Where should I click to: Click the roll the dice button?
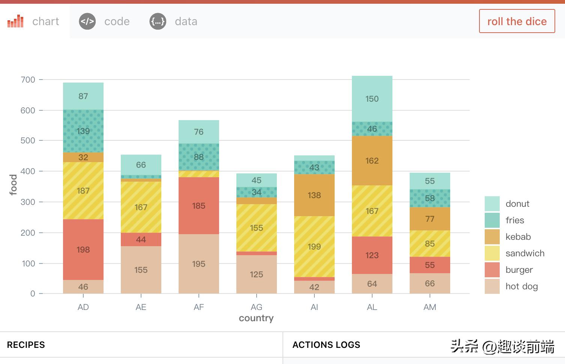tap(517, 21)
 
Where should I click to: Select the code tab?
tap(105, 21)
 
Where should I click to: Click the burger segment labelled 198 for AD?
tap(83, 250)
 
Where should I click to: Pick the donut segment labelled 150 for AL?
tap(372, 99)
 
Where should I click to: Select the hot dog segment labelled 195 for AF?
tap(199, 264)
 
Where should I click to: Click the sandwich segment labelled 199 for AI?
tap(314, 247)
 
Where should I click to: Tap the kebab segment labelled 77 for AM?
tap(430, 219)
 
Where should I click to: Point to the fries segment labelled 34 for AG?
tap(257, 193)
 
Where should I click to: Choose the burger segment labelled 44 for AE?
tap(141, 239)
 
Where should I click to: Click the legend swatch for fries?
tap(492, 220)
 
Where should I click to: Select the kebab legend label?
tap(518, 237)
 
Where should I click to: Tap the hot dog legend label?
tap(521, 286)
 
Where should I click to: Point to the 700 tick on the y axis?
tap(28, 80)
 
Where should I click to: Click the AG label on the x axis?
tap(257, 307)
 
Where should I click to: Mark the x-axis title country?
tap(256, 318)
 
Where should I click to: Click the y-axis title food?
tap(14, 185)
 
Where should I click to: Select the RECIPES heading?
tap(26, 345)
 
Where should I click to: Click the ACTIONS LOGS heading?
tap(326, 345)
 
